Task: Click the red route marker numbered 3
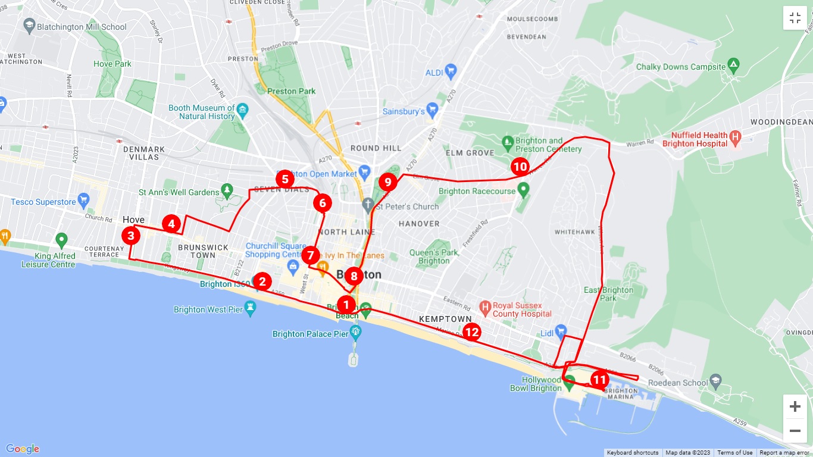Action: pyautogui.click(x=132, y=236)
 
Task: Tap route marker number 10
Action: pyautogui.click(x=520, y=167)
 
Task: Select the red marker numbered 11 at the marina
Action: pyautogui.click(x=599, y=380)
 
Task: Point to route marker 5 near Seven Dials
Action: pyautogui.click(x=284, y=179)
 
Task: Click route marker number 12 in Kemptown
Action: pyautogui.click(x=472, y=332)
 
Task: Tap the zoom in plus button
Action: pyautogui.click(x=795, y=407)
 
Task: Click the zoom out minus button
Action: pyautogui.click(x=795, y=430)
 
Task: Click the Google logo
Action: pyautogui.click(x=23, y=449)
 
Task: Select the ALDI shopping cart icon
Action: pyautogui.click(x=451, y=72)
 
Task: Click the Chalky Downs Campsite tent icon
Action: pyautogui.click(x=734, y=67)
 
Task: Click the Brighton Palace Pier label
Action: pyautogui.click(x=310, y=334)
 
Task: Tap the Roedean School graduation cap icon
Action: pyautogui.click(x=715, y=380)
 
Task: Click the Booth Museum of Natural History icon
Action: pyautogui.click(x=242, y=109)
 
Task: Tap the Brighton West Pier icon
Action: pyautogui.click(x=251, y=308)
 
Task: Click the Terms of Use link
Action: pyautogui.click(x=734, y=453)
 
